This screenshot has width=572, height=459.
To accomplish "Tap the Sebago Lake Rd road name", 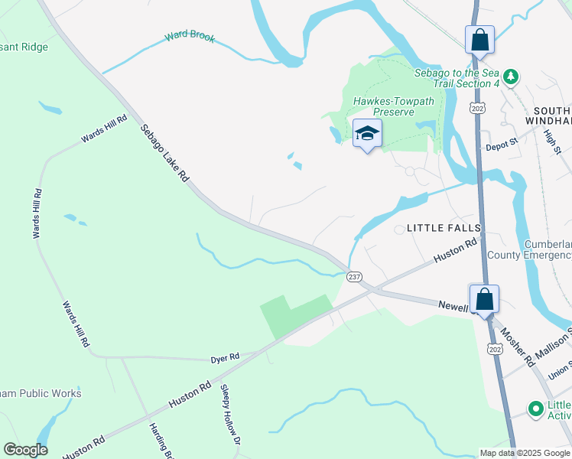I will point(164,153).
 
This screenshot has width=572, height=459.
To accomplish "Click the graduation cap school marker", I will point(367,133).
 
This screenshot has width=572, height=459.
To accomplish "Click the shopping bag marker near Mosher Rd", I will point(484,298).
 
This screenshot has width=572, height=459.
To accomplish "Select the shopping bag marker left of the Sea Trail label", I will point(479,40).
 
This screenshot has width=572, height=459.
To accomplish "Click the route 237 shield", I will point(354,276).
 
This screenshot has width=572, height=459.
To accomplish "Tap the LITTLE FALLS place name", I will point(444,228).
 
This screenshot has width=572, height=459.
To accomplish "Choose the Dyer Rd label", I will point(225,357).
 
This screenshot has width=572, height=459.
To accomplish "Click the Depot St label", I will point(502,142).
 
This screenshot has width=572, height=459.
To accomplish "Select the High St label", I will point(551,141).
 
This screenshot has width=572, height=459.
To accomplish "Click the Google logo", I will point(25,450).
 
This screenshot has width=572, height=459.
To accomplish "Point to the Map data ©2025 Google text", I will point(524,453).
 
